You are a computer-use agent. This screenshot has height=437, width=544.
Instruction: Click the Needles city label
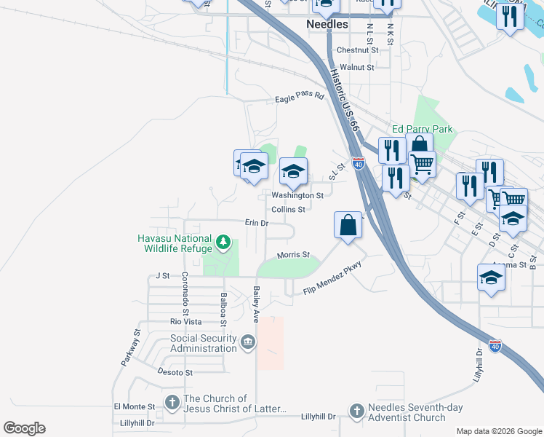point(327,24)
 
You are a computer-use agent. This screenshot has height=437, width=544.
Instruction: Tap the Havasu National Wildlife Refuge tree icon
point(225,241)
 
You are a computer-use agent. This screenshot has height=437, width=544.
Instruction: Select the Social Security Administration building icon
point(248,342)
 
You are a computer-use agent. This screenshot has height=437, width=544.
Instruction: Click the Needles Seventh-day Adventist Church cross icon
point(356,411)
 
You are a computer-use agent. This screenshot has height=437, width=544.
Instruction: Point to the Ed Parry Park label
point(422,129)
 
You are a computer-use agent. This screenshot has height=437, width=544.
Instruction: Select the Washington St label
point(297,195)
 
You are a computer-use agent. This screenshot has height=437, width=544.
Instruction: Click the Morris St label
point(293,255)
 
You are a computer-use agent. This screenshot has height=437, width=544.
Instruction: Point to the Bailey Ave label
point(256,304)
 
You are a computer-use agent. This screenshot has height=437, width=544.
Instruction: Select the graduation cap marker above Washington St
point(293,171)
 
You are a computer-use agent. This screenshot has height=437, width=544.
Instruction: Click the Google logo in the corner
point(24,428)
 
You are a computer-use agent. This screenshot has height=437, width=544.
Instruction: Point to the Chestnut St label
point(358,50)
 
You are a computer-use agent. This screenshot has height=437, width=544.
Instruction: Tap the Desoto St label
point(175,371)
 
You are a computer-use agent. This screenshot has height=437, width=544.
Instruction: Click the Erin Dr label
point(257,223)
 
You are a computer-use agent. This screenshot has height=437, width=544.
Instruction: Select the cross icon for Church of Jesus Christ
point(172,402)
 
